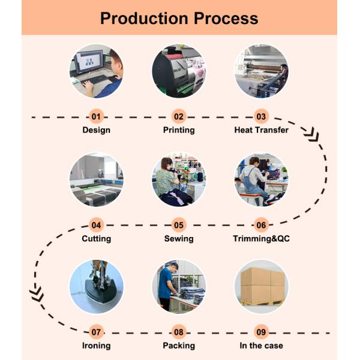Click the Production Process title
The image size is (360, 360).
tap(179, 18)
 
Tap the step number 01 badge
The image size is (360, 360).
tap(96, 116)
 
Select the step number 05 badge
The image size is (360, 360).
tap(179, 226)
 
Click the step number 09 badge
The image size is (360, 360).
tap(261, 331)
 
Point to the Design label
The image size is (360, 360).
tap(96, 130)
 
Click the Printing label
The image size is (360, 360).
tap(179, 130)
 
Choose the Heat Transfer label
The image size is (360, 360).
tap(261, 130)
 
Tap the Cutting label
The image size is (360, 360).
tap(96, 239)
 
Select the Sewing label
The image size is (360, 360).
tap(179, 239)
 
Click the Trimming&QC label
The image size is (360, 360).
tap(261, 239)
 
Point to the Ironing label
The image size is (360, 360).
tap(96, 346)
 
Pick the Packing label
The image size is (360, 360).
tap(179, 346)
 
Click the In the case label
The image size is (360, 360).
tap(261, 346)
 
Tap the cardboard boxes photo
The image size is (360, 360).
tap(262, 286)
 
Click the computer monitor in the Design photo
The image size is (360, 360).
tap(90, 62)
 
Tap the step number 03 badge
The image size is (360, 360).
tap(261, 116)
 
